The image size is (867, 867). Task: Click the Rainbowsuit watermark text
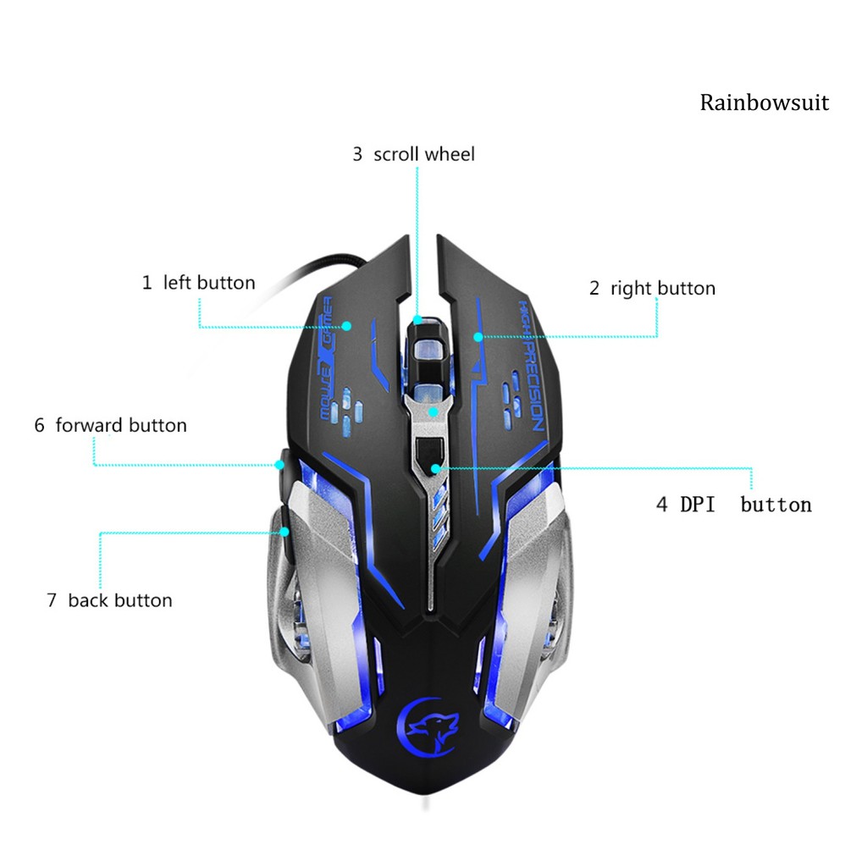[x=764, y=103]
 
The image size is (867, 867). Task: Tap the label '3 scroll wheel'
[x=413, y=154]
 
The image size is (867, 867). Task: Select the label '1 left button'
[x=198, y=283]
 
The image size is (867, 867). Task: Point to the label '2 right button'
[x=652, y=289]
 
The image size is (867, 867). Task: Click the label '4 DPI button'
[x=733, y=505]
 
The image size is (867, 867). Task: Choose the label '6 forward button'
[x=110, y=425]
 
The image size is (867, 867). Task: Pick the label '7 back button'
[x=109, y=601]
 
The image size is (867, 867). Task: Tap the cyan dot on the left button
[x=347, y=325]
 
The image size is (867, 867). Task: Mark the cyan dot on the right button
[x=478, y=337]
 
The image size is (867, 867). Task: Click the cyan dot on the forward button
[x=279, y=464]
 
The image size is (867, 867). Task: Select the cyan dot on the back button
[x=285, y=532]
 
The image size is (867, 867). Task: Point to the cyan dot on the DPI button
[x=435, y=467]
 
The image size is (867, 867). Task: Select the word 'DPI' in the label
[x=698, y=505]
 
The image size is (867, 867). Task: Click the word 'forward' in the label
[x=89, y=425]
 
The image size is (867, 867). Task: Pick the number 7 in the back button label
[x=52, y=601]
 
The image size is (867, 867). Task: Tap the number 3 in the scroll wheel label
[x=357, y=154]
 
